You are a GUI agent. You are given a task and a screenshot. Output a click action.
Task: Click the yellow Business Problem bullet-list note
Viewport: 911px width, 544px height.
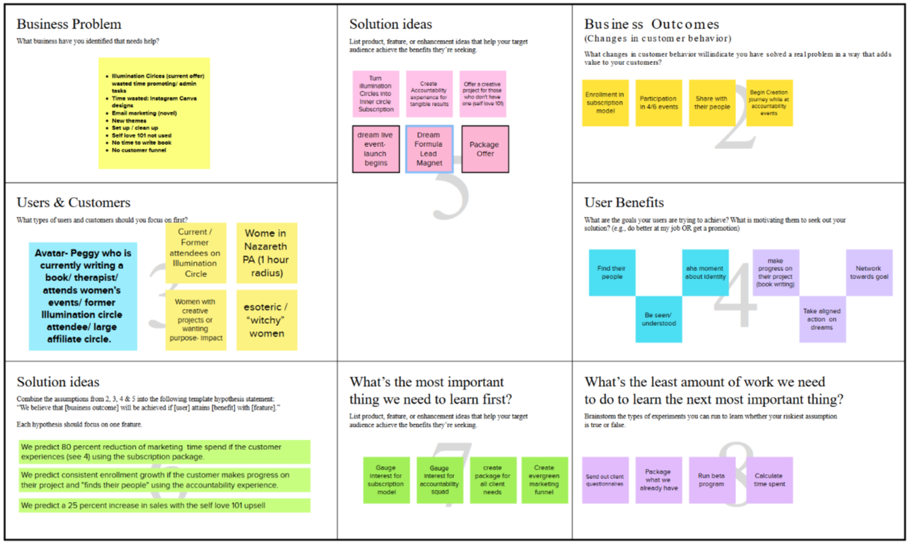[x=154, y=112]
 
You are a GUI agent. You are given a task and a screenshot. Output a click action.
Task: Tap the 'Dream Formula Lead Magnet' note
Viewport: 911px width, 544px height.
[x=429, y=149]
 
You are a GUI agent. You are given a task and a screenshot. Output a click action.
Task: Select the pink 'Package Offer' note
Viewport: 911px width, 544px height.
[x=484, y=149]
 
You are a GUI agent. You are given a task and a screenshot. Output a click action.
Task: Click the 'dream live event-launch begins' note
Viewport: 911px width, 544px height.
[x=376, y=149]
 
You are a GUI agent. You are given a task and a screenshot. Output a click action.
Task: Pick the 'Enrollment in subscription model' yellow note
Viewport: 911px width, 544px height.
[x=605, y=103]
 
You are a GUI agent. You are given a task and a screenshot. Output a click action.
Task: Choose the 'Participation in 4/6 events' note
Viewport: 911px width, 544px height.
[x=658, y=103]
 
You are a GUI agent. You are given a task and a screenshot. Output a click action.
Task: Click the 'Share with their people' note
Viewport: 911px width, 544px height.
[x=712, y=103]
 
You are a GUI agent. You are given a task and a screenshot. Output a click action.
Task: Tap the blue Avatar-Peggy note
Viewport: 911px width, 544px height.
[x=83, y=296]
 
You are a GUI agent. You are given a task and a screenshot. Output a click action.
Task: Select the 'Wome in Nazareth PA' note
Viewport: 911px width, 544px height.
[x=267, y=253]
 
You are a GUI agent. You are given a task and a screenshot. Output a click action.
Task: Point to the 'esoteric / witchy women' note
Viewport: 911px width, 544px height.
[x=267, y=320]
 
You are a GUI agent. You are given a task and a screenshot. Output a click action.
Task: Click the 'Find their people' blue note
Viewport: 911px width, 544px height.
[x=612, y=272]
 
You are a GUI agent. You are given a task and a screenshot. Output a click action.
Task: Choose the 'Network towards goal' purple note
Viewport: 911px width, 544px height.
[x=869, y=272]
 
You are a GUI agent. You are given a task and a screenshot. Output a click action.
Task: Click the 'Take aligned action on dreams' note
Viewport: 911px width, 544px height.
[x=822, y=319]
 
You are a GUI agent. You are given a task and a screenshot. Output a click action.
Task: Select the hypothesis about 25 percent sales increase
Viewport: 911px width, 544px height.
[x=165, y=505]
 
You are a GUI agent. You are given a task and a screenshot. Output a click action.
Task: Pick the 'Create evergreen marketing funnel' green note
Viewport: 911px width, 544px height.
[x=544, y=480]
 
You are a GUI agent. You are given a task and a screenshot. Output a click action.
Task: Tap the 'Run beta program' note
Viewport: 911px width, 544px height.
[x=712, y=480]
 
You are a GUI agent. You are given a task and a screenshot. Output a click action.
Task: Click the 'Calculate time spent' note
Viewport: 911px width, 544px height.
[x=769, y=480]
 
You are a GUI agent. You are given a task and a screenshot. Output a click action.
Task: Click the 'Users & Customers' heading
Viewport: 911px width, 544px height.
[x=73, y=203]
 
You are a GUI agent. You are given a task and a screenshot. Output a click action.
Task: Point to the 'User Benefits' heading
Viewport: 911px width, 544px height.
[x=624, y=203]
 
